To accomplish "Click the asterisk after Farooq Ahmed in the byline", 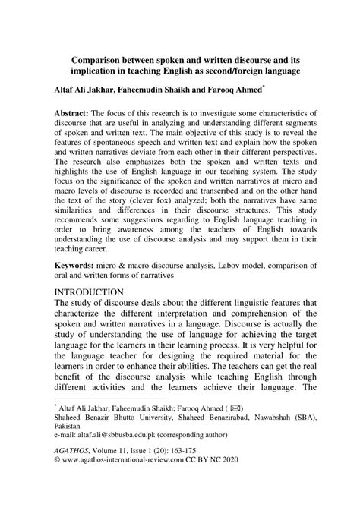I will [x=262, y=87].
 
